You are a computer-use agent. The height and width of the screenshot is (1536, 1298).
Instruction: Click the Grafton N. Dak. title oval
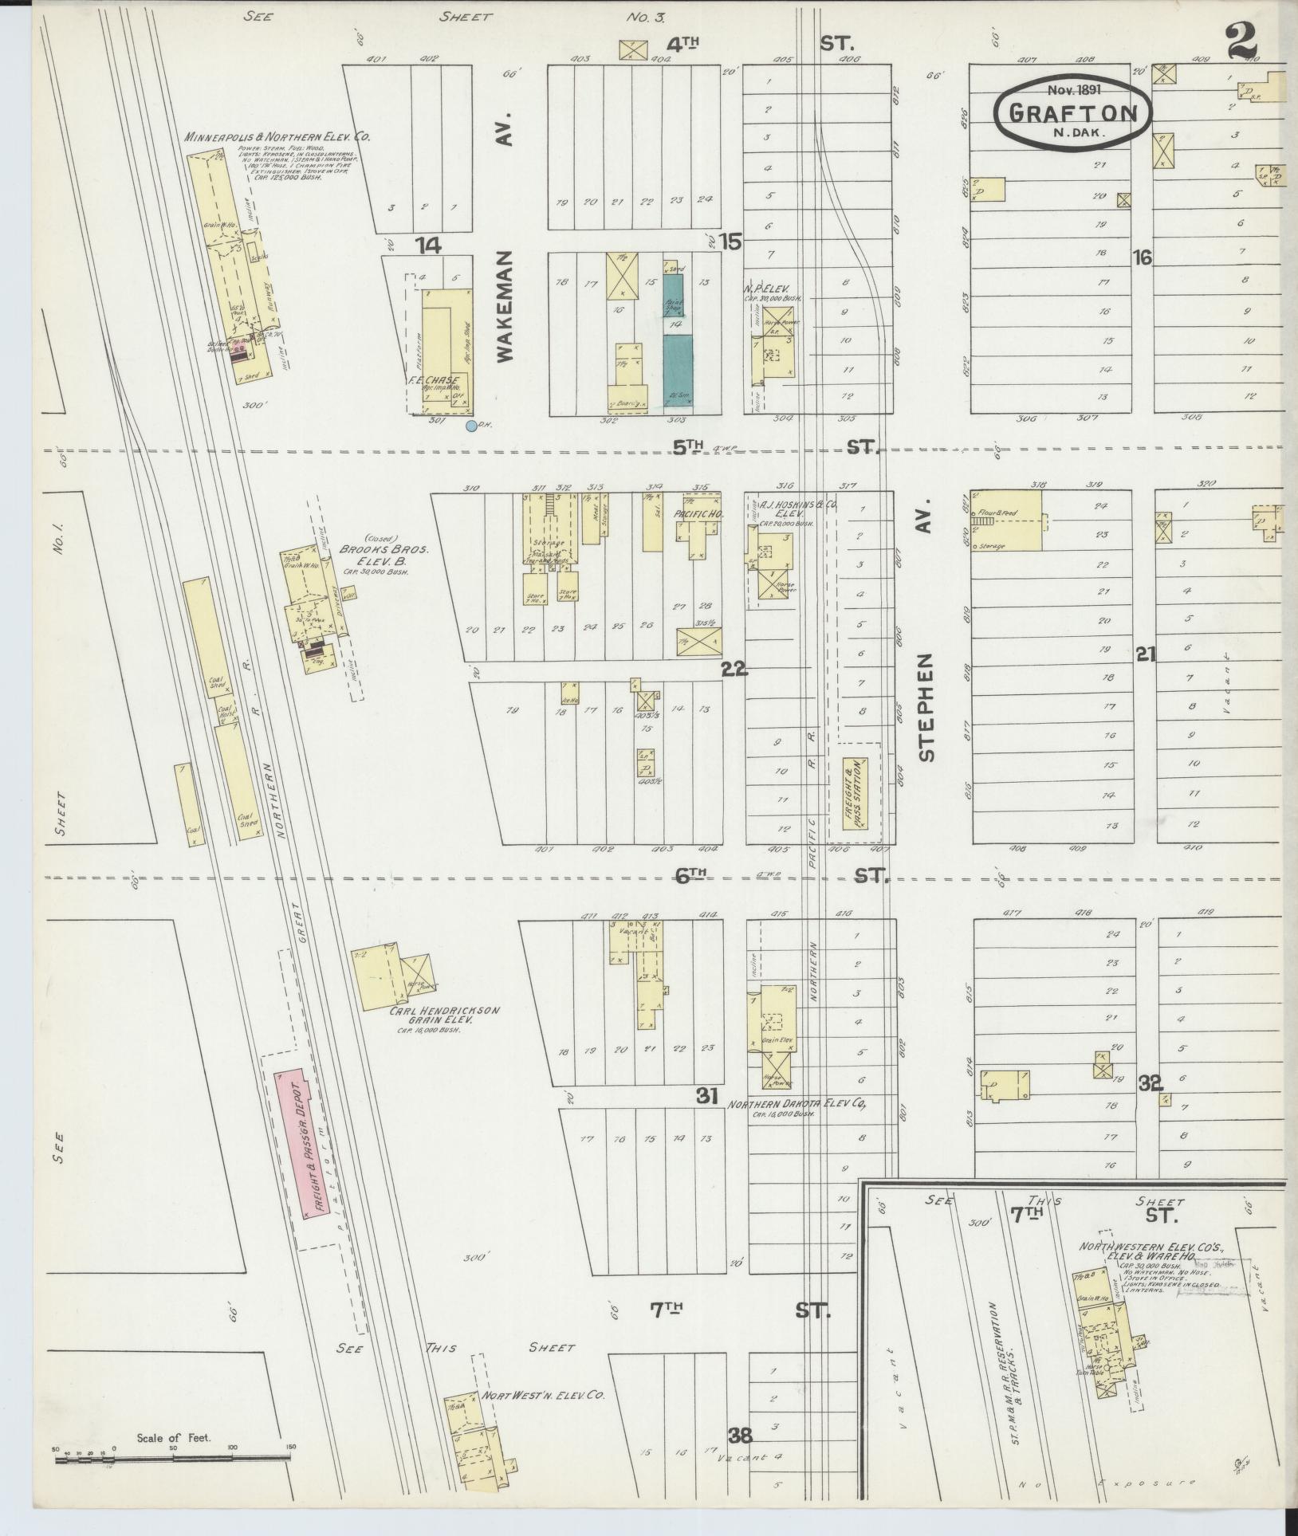pos(1072,112)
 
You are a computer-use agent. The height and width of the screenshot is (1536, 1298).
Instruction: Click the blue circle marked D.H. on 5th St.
pos(471,426)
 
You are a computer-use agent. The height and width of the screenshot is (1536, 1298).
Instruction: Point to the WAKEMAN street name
pos(508,307)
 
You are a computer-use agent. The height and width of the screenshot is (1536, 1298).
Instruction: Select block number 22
pos(734,670)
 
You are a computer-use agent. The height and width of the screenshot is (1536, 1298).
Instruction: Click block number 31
pos(707,1095)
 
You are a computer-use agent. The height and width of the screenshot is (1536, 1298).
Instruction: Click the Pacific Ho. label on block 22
pos(698,515)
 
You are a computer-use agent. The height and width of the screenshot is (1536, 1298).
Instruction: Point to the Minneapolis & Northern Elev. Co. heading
pos(277,137)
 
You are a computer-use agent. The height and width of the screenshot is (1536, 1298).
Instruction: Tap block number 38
pos(740,1436)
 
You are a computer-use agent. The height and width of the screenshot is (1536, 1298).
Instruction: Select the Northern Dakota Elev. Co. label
pos(796,1105)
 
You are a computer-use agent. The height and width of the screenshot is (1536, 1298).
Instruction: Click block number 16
pos(1143,257)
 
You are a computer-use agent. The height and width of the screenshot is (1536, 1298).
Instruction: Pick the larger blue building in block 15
pos(678,371)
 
